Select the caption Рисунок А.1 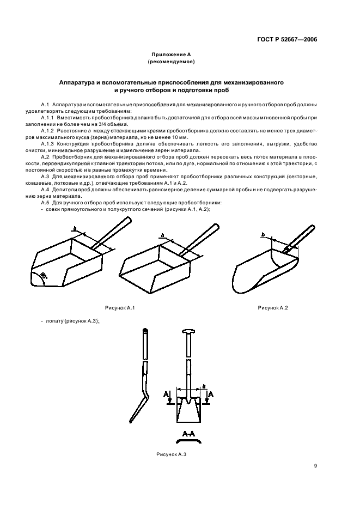coord(120,308)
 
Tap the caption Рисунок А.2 coord(272,308)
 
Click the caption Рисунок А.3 coord(172,454)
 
